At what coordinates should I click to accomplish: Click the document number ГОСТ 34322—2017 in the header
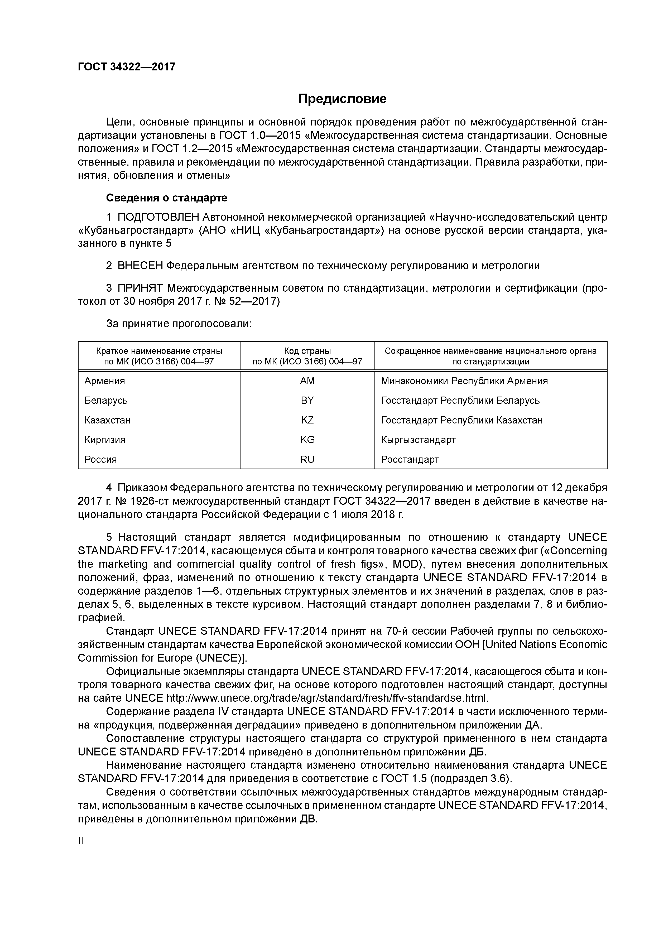pyautogui.click(x=127, y=66)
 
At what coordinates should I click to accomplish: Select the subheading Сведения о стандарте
pyautogui.click(x=166, y=198)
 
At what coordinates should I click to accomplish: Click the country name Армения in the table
pyautogui.click(x=105, y=381)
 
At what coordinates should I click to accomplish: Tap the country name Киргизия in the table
pyautogui.click(x=105, y=440)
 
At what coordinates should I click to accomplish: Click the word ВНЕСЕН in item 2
pyautogui.click(x=140, y=266)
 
